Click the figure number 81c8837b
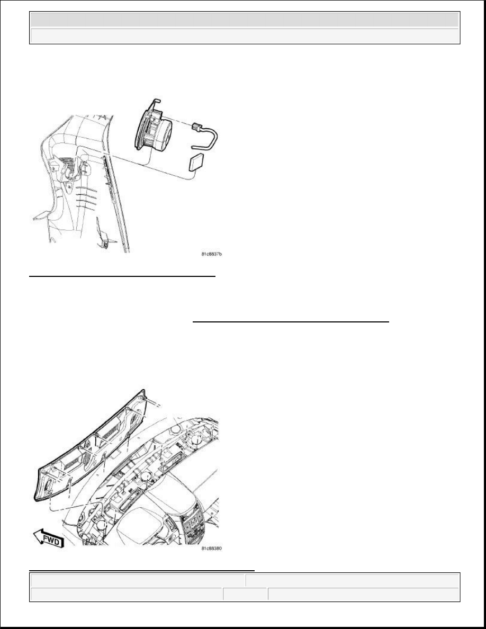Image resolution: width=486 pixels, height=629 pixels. tap(211, 255)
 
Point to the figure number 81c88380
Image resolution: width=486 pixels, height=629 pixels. tap(211, 549)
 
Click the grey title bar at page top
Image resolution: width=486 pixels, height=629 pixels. tap(244, 20)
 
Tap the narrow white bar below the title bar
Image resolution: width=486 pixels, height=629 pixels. tap(244, 36)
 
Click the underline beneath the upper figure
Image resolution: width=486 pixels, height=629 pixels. tap(122, 276)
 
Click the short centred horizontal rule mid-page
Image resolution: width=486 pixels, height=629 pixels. tap(291, 321)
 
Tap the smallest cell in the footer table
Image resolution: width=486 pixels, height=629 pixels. tap(245, 595)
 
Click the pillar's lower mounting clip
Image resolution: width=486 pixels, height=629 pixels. tap(105, 240)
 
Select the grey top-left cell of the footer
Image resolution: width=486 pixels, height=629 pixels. tap(137, 580)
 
